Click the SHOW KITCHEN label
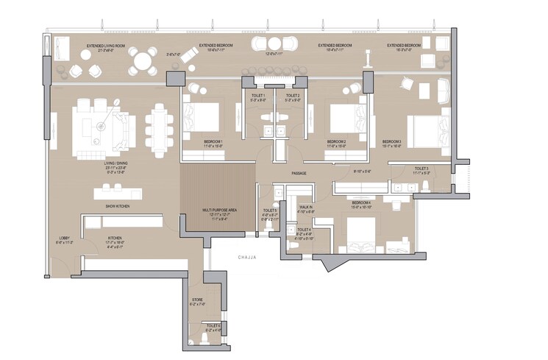118,207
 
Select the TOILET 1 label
258,96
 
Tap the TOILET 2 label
292,96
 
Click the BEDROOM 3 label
392,141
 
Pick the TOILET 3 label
421,169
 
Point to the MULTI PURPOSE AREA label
218,210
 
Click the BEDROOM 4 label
360,202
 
